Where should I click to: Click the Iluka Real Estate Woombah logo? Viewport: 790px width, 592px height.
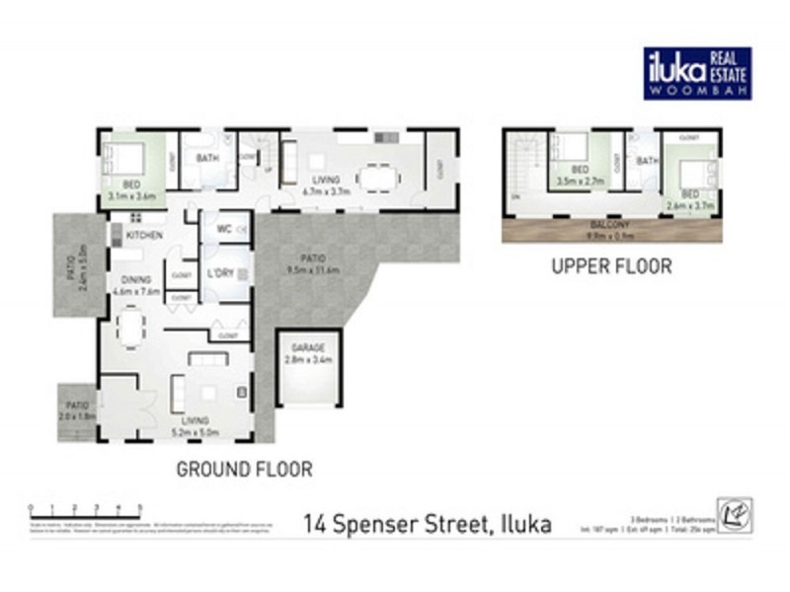[x=697, y=73]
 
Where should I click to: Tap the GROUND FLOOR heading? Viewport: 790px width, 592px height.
[x=244, y=469]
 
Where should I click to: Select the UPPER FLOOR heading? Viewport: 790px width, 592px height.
[x=611, y=266]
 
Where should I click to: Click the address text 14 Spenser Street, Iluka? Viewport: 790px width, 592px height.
[x=428, y=522]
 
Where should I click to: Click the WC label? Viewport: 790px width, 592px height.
[x=223, y=229]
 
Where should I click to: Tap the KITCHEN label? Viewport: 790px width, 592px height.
[x=144, y=236]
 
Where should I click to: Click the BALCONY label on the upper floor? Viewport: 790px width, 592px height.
[x=611, y=225]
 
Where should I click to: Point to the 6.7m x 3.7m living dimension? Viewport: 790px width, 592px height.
[x=326, y=190]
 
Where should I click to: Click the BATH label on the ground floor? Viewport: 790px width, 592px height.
[x=207, y=159]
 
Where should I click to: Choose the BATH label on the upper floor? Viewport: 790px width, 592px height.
[x=647, y=161]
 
